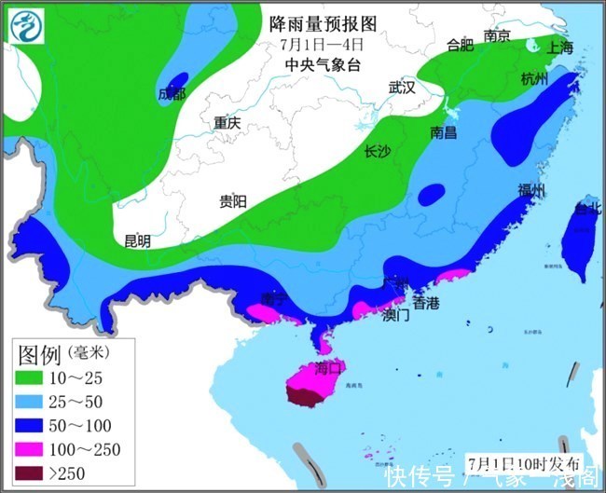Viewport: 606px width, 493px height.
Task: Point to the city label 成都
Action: (172, 94)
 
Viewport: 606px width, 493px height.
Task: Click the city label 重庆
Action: (227, 122)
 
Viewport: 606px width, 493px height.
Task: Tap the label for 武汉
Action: (402, 88)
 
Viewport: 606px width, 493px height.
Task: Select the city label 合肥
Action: (461, 44)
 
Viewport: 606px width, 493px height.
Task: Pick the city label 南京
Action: (497, 36)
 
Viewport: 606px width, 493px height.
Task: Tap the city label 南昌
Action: (444, 132)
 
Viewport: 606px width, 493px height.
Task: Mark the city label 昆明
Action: (137, 240)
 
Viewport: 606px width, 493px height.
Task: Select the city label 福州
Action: (531, 191)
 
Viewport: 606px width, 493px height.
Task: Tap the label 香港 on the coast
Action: (426, 303)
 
